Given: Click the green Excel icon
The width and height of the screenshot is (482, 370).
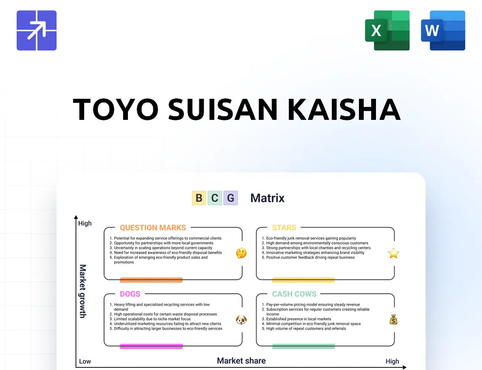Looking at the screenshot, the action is click(387, 30).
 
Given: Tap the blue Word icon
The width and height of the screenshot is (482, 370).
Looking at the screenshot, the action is click(443, 30).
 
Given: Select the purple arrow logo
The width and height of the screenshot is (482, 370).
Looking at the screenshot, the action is click(36, 30).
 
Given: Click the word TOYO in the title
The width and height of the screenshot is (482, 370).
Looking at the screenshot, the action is click(116, 109).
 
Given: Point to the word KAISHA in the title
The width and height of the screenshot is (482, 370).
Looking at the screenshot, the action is click(344, 109).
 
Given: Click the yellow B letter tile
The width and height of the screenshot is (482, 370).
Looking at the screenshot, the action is click(199, 198).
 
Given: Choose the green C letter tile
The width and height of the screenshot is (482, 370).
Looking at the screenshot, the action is click(215, 198).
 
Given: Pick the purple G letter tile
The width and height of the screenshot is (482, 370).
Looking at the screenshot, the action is click(230, 198).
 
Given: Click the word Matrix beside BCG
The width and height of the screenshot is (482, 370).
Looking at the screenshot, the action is click(267, 198).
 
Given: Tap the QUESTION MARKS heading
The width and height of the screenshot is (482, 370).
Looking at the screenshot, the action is click(153, 228).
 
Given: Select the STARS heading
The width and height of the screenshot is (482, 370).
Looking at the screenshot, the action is click(284, 228).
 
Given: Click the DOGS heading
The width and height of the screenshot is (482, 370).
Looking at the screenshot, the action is click(130, 294).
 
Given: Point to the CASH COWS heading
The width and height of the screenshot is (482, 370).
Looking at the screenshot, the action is click(294, 294).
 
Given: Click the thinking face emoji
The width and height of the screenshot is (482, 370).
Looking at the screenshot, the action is click(241, 253).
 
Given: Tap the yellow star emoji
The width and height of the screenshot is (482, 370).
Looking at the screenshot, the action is click(393, 253).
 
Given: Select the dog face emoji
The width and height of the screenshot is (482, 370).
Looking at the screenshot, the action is click(241, 320).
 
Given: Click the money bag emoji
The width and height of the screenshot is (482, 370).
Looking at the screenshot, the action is click(393, 320).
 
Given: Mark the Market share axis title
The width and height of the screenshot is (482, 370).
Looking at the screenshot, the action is click(241, 361).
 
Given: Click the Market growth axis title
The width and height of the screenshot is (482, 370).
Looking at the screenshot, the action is click(83, 291).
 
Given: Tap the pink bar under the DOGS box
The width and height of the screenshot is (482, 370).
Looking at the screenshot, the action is click(151, 346).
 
